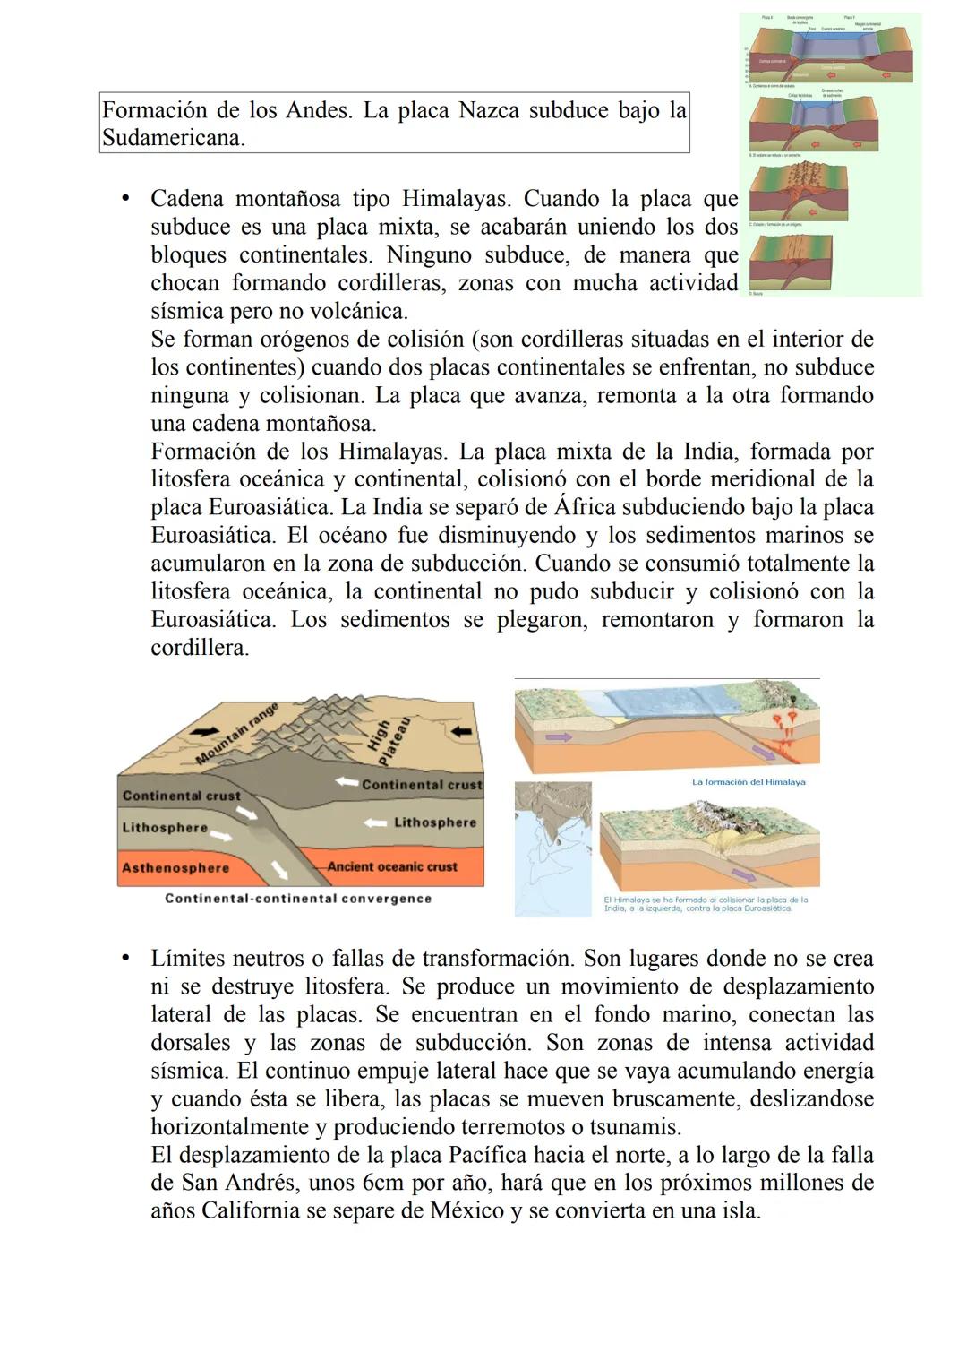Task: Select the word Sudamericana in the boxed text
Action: [172, 139]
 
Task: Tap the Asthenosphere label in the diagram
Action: [175, 868]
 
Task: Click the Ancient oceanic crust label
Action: [392, 867]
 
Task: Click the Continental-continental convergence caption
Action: [298, 899]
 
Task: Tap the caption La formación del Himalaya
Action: [749, 782]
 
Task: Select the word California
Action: [252, 1211]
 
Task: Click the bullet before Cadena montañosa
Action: [127, 199]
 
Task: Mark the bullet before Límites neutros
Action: [127, 959]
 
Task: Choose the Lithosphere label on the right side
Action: [435, 822]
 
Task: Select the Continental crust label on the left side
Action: [182, 796]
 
